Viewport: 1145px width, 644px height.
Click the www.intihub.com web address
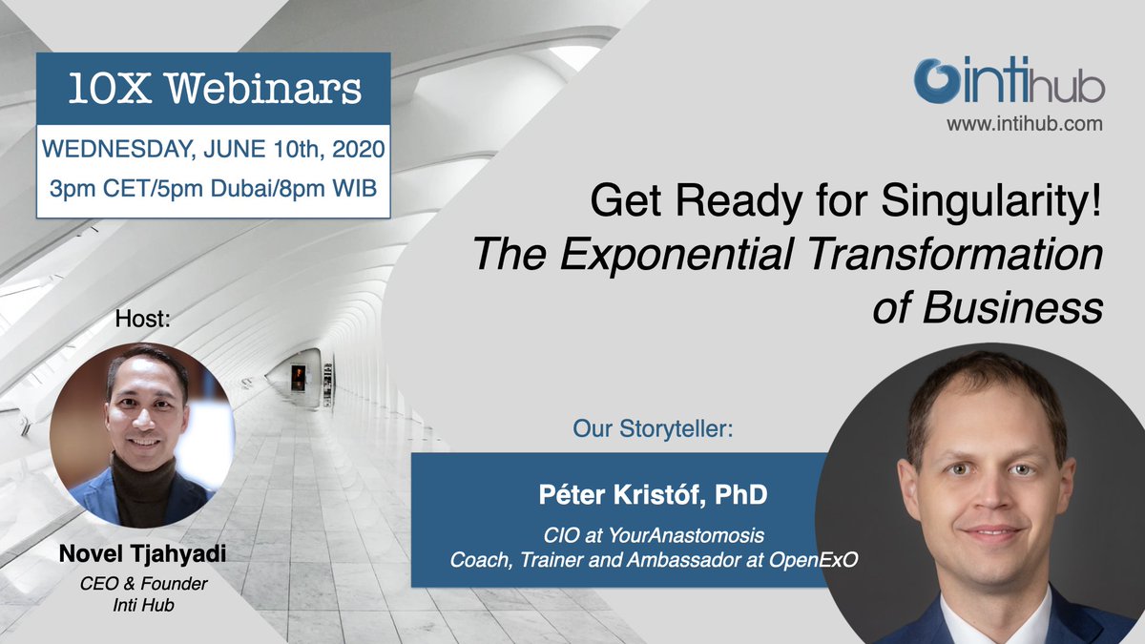coord(1024,123)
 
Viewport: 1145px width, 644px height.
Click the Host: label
coord(142,319)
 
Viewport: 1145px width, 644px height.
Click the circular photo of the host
coord(142,434)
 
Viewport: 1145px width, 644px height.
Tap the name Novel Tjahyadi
coord(142,555)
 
